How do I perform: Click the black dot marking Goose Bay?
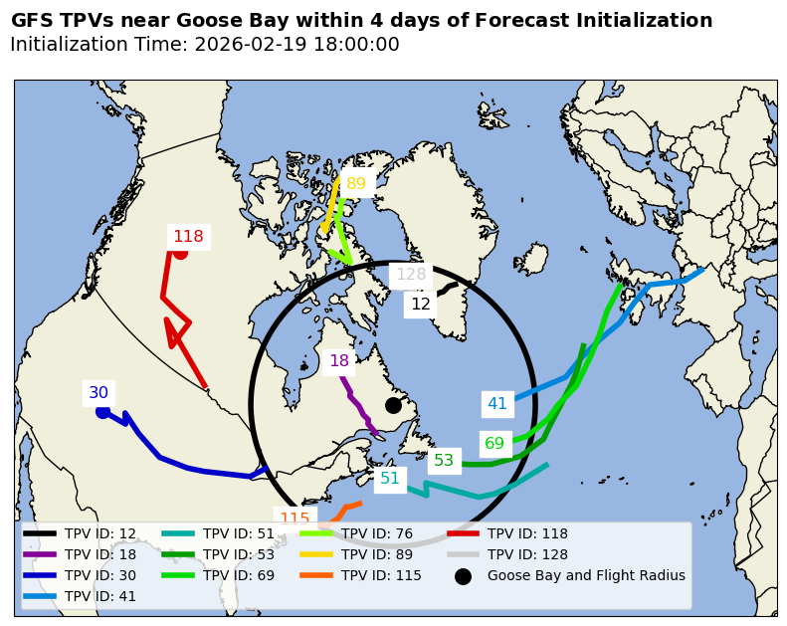(393, 405)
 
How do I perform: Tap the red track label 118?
(188, 237)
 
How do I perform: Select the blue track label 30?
(98, 393)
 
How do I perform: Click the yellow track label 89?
(356, 183)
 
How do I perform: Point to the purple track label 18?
(339, 361)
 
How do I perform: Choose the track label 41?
(496, 404)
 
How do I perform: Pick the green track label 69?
(494, 444)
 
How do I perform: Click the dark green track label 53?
(444, 461)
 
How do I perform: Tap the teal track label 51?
(390, 479)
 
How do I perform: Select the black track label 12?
(421, 305)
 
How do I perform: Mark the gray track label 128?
(411, 275)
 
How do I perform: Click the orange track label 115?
(295, 519)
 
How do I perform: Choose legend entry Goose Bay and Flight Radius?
(586, 575)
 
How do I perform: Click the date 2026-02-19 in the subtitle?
(245, 45)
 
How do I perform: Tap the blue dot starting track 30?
(102, 412)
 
